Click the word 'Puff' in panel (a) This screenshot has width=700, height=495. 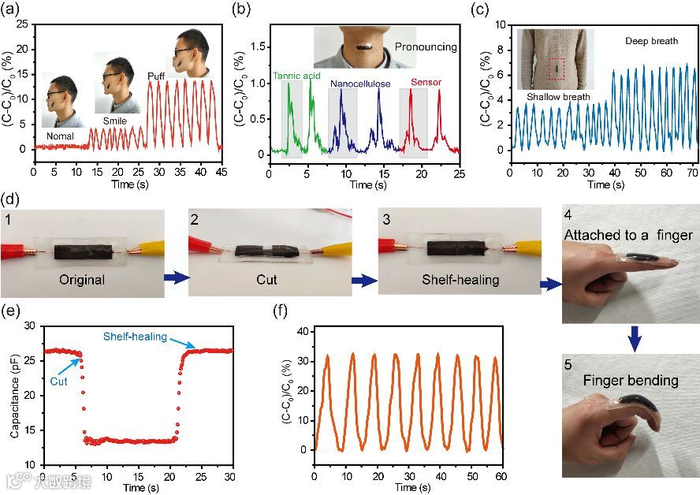pyautogui.click(x=156, y=76)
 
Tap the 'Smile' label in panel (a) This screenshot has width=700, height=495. pyautogui.click(x=115, y=121)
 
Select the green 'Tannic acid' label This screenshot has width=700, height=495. pyautogui.click(x=296, y=76)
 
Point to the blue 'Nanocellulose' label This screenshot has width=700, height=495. pyautogui.click(x=360, y=82)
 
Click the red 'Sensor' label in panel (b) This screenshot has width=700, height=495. pyautogui.click(x=426, y=82)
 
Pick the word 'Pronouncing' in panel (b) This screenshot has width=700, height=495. pyautogui.click(x=426, y=47)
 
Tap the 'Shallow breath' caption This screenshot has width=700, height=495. pyautogui.click(x=553, y=97)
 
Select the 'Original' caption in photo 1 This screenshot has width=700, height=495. pyautogui.click(x=80, y=279)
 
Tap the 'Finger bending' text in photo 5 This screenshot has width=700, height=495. pyautogui.click(x=631, y=381)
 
